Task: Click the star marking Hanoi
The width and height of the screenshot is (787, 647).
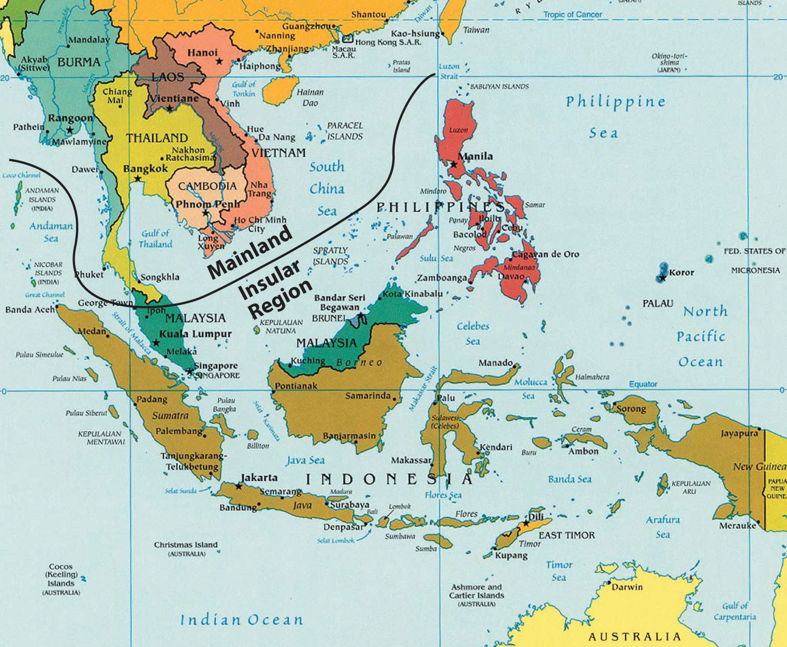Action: (x=219, y=61)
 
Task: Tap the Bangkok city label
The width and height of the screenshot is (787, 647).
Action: (x=145, y=169)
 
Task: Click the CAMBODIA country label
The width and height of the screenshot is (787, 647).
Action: (x=207, y=186)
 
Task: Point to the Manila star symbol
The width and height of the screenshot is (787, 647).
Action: (x=453, y=164)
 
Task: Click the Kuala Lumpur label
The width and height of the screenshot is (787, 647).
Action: (x=195, y=334)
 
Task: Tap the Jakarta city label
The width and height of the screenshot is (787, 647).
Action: (x=259, y=477)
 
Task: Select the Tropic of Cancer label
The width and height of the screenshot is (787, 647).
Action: (x=572, y=15)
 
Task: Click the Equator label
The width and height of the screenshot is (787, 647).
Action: (x=643, y=384)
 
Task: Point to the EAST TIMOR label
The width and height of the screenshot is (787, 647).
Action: (x=567, y=535)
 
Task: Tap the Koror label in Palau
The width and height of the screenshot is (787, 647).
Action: (x=681, y=273)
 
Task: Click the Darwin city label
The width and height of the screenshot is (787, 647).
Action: (x=627, y=587)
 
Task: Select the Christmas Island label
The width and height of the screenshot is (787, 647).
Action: (x=185, y=545)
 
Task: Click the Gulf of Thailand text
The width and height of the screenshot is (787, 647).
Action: (x=156, y=239)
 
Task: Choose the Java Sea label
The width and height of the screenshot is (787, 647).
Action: (x=305, y=461)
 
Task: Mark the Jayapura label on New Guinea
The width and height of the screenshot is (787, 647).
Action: (x=739, y=433)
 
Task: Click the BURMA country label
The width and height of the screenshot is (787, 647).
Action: (x=79, y=62)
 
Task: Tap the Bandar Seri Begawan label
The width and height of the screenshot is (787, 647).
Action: (x=339, y=302)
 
